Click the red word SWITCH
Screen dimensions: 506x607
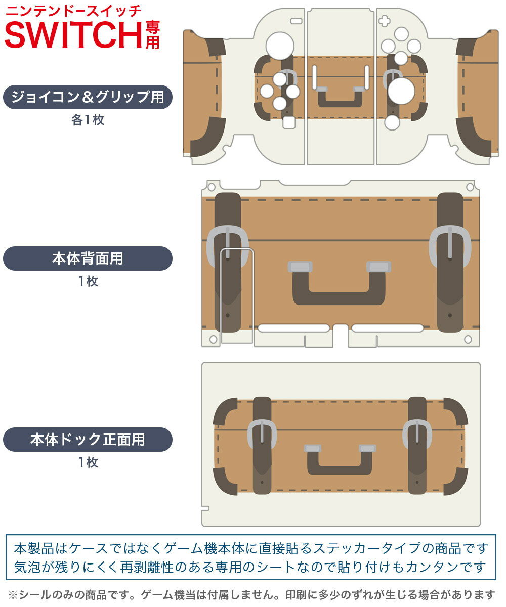point(73,35)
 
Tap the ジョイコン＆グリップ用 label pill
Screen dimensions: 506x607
point(88,97)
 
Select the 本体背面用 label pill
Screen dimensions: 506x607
point(88,258)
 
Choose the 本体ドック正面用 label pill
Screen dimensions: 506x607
point(88,439)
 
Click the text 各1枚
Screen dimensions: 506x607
point(88,120)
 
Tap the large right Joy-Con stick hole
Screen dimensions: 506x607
point(401,91)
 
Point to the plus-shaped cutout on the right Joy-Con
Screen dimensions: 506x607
point(385,21)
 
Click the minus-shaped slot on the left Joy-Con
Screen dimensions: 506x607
point(297,21)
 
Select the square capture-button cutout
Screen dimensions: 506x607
point(289,122)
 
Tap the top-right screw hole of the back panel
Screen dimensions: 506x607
point(470,187)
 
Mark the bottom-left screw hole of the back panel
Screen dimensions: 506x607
point(213,339)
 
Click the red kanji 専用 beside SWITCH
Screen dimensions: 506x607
point(152,35)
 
